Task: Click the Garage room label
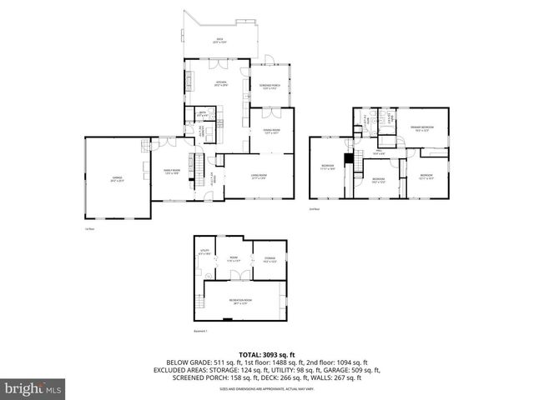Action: click(117, 178)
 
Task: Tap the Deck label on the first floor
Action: click(220, 41)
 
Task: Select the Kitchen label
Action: click(221, 82)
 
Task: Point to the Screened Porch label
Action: click(268, 87)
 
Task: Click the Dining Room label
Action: click(271, 131)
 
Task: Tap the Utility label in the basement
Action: click(205, 252)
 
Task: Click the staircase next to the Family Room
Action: click(199, 163)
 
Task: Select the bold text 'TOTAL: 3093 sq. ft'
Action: click(267, 354)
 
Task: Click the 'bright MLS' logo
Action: click(33, 388)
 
